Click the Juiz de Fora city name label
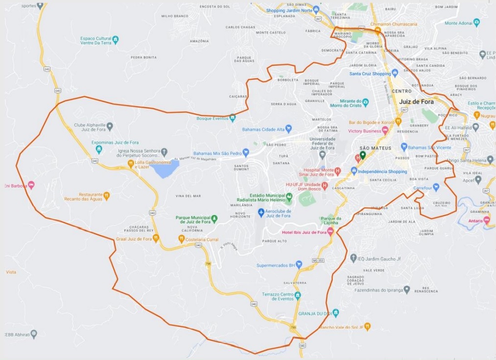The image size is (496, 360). (x=416, y=102)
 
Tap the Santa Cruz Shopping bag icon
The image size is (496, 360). (x=395, y=73)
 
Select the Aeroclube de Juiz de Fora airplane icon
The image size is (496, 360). (x=261, y=212)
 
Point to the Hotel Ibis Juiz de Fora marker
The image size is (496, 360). (x=331, y=232)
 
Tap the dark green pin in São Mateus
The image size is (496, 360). (x=362, y=155)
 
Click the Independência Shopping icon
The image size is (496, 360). (x=354, y=171)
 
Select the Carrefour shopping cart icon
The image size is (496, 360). (x=436, y=187)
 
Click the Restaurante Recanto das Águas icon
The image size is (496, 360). (x=106, y=195)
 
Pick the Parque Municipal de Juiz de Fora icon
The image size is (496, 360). (x=214, y=218)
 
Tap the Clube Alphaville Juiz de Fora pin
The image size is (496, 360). (x=110, y=127)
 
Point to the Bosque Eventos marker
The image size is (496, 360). (x=232, y=118)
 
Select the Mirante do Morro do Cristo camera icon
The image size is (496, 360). (x=365, y=102)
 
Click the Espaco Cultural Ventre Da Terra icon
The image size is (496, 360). (x=115, y=39)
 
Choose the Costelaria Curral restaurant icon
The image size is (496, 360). (x=181, y=239)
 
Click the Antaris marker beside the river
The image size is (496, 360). (x=486, y=220)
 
